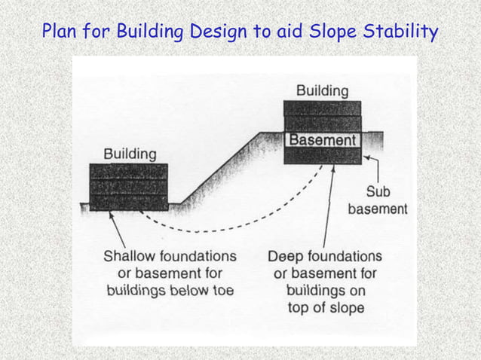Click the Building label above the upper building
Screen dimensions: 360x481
[322, 90]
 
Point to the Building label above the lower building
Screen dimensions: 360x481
[130, 154]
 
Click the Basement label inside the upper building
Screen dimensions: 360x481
[322, 140]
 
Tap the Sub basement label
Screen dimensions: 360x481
[378, 200]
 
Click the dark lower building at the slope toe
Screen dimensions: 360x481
[129, 186]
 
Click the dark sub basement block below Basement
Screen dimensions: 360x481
[322, 156]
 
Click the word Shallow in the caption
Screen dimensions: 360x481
[127, 256]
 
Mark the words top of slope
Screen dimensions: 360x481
[326, 307]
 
